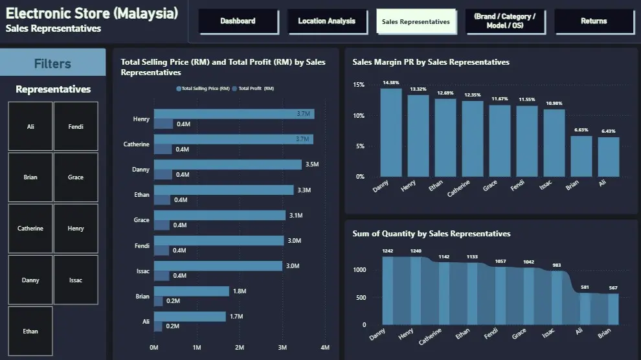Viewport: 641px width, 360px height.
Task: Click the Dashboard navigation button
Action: (238, 21)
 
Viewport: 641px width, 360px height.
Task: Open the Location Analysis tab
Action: (326, 21)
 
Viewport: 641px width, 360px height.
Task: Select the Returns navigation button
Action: (594, 21)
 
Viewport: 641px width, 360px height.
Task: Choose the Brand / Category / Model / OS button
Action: (504, 21)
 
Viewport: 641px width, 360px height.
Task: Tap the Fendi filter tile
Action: (76, 126)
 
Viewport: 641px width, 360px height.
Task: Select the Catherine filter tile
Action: (30, 229)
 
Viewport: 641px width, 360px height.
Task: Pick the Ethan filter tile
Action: (30, 332)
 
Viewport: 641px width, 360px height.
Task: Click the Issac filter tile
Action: (76, 280)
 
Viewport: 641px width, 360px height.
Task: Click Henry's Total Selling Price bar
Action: (233, 114)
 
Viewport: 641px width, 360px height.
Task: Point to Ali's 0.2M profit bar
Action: (157, 326)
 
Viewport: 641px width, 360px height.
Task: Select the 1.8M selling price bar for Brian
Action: (191, 291)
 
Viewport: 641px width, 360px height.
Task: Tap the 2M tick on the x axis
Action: (240, 348)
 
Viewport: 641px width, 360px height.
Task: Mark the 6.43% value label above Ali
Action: (609, 131)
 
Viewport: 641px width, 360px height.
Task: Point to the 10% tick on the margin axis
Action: (359, 116)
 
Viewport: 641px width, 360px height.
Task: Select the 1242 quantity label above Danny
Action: (388, 251)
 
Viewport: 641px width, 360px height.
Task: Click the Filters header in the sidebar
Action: (52, 63)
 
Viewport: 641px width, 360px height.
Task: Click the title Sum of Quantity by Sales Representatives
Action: (431, 234)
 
